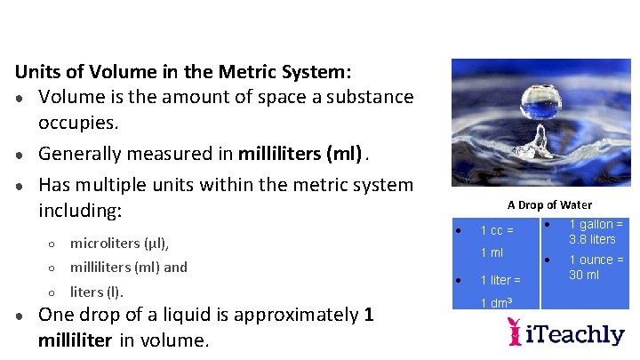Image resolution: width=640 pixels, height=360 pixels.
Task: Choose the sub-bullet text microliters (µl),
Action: (x=119, y=243)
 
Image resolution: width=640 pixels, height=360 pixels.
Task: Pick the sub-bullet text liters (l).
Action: (x=96, y=292)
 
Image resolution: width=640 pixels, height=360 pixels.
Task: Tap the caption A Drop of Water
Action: (x=549, y=205)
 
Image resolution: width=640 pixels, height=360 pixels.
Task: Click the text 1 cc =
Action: (x=497, y=231)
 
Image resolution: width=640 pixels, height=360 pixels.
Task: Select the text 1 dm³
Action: (x=496, y=303)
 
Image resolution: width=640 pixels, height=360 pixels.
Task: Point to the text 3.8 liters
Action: (x=592, y=239)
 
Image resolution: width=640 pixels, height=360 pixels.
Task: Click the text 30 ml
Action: (x=584, y=275)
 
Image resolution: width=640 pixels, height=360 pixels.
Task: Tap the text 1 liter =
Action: (x=500, y=280)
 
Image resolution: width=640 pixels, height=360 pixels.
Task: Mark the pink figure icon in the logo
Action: (x=514, y=332)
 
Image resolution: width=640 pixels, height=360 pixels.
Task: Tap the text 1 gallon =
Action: (x=596, y=225)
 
